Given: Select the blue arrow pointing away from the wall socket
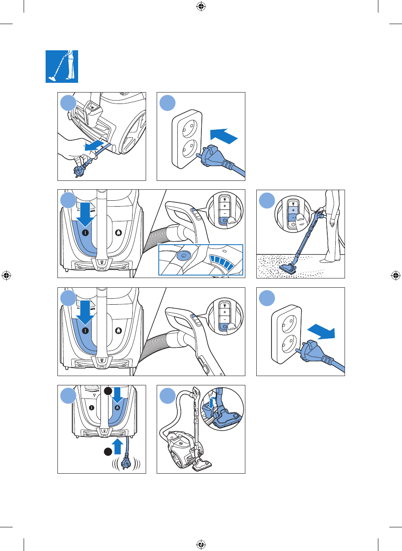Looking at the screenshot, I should click(322, 333).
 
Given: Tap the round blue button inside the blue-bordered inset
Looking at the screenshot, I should click(184, 255).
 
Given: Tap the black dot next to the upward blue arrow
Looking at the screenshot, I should click(108, 451).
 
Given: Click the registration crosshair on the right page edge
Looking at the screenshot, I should click(396, 275).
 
